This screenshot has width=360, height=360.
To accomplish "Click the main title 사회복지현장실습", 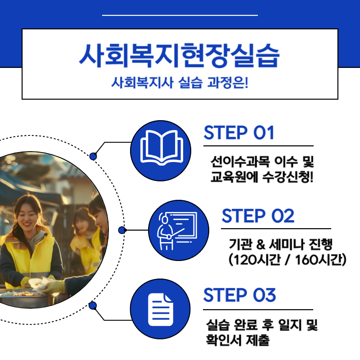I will coord(180,55).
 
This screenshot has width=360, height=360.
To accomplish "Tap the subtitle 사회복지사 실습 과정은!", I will coord(180,83).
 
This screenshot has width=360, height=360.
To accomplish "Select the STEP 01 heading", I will coord(239,133).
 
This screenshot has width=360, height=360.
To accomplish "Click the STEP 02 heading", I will coord(258,216).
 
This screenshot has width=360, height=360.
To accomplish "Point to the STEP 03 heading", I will coord(239,295).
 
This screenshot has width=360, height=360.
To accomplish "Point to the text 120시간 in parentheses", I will coord(255,261).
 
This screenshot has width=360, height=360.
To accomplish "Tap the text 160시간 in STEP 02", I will coord(319,261).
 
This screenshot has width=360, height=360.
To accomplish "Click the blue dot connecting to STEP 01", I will coord(93,156).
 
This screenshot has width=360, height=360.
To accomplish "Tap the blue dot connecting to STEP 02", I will coord(121,230).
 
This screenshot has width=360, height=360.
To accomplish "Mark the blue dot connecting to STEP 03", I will coord(93,306).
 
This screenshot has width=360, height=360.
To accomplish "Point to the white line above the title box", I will coord(180,15).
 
